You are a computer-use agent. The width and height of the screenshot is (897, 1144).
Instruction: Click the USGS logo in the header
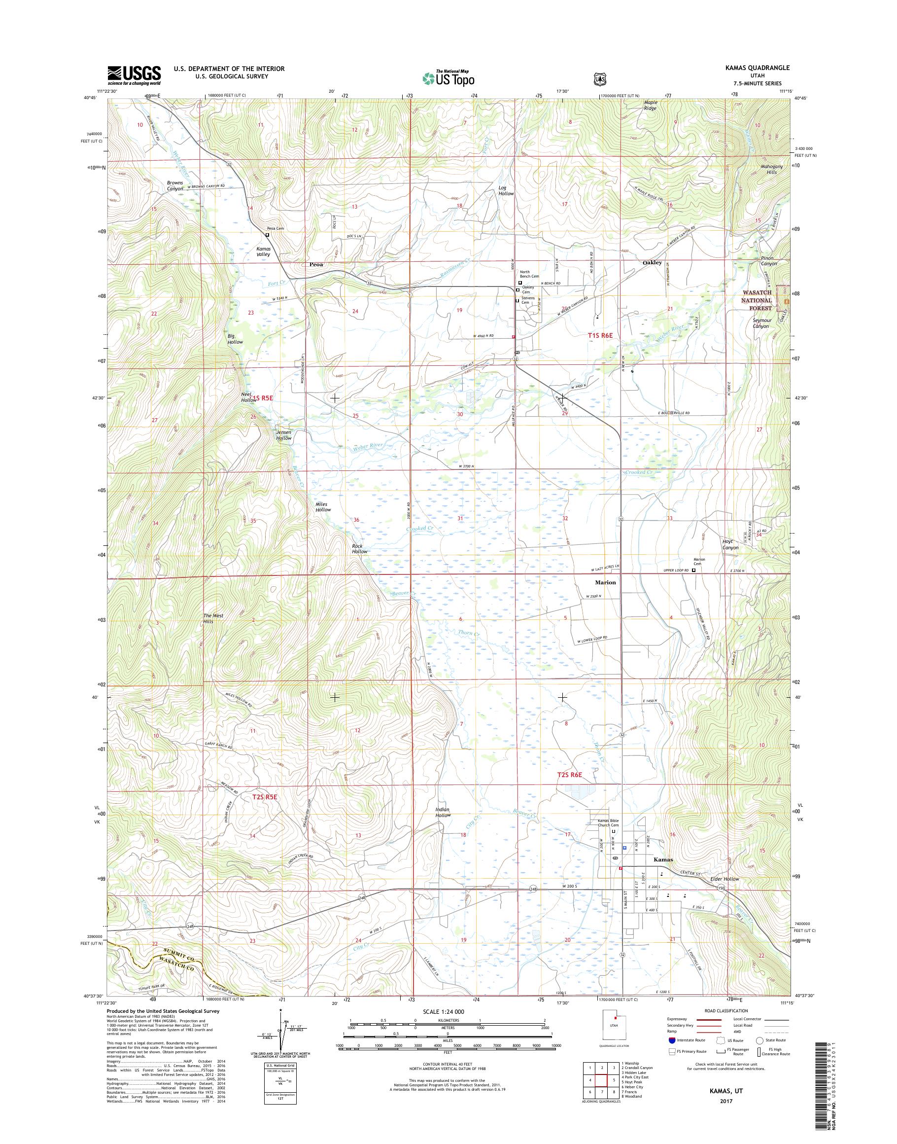134,75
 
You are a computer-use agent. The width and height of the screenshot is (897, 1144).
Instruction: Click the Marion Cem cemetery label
699,562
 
